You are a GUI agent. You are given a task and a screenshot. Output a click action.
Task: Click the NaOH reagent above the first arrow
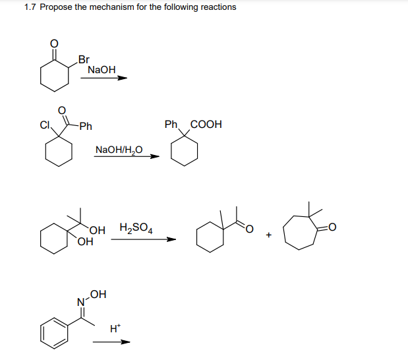tap(101, 69)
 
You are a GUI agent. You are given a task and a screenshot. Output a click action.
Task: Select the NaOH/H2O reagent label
tap(119, 150)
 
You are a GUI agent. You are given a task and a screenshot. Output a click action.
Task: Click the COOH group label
tap(206, 124)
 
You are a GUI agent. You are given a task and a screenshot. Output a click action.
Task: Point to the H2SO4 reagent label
tap(136, 229)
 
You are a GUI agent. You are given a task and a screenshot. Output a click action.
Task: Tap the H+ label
tap(115, 328)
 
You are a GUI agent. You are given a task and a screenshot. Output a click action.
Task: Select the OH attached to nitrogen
tap(98, 293)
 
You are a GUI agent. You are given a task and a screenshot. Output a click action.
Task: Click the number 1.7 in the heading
tap(30, 7)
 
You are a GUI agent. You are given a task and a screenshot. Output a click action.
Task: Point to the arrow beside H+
tap(111, 342)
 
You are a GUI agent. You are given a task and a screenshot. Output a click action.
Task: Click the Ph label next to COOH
tap(171, 124)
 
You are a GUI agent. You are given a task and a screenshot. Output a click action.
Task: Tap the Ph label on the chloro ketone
tap(85, 126)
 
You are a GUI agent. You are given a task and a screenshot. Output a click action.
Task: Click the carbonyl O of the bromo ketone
tap(55, 44)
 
